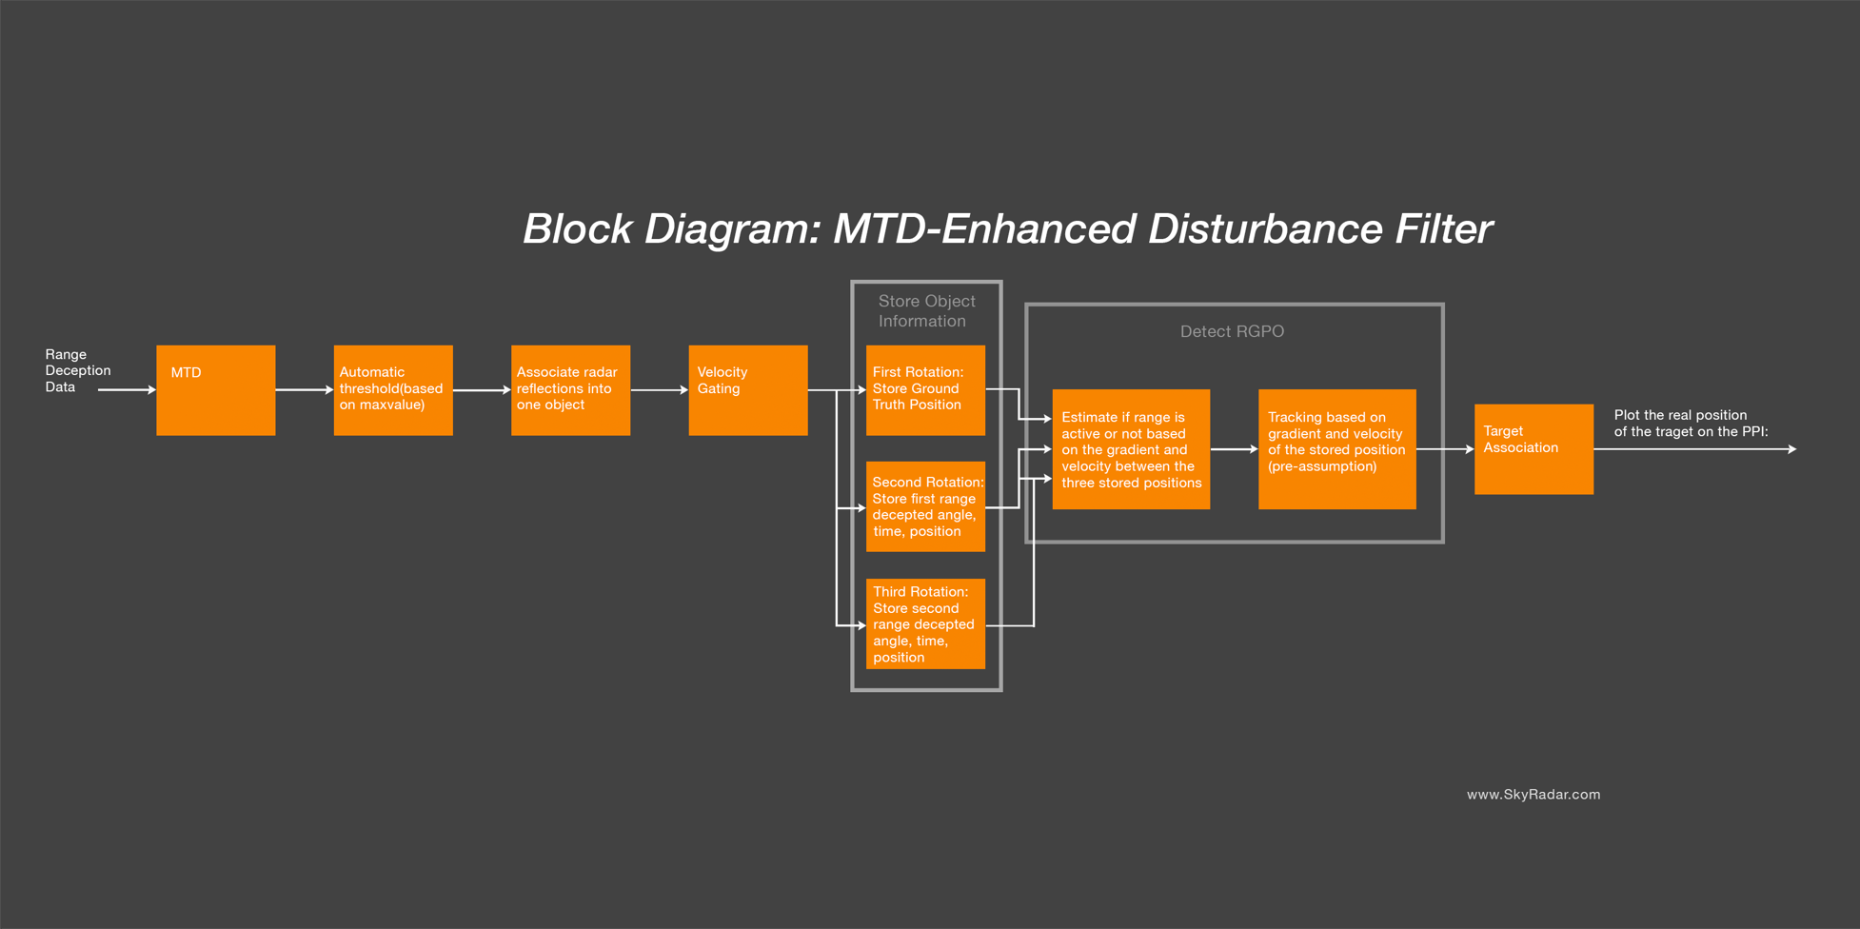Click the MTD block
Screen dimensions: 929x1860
pyautogui.click(x=215, y=390)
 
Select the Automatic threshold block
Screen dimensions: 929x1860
pyautogui.click(x=392, y=390)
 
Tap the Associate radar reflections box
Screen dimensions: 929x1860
pyautogui.click(x=570, y=390)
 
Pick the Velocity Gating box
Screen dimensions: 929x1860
pyautogui.click(x=747, y=390)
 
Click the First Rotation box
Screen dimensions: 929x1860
pyautogui.click(x=925, y=390)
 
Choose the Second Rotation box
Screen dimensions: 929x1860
pyautogui.click(x=925, y=506)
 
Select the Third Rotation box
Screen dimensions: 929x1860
pyautogui.click(x=925, y=623)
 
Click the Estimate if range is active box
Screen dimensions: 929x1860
pyautogui.click(x=1131, y=449)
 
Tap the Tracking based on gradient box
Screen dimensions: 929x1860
pyautogui.click(x=1336, y=449)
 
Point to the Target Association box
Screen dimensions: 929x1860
pyautogui.click(x=1534, y=449)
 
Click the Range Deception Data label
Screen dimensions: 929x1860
pyautogui.click(x=77, y=370)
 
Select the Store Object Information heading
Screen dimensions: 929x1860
pyautogui.click(x=925, y=311)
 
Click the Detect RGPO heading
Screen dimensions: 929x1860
pyautogui.click(x=1232, y=331)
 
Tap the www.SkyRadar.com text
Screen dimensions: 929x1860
pyautogui.click(x=1533, y=794)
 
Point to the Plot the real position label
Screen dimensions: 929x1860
pyautogui.click(x=1691, y=423)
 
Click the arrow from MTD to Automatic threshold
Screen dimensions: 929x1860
pyautogui.click(x=304, y=390)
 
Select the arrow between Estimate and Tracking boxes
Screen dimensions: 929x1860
pyautogui.click(x=1234, y=449)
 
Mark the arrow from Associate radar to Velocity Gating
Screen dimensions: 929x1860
pyautogui.click(x=659, y=390)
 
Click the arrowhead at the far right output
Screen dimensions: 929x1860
pyautogui.click(x=1791, y=449)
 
